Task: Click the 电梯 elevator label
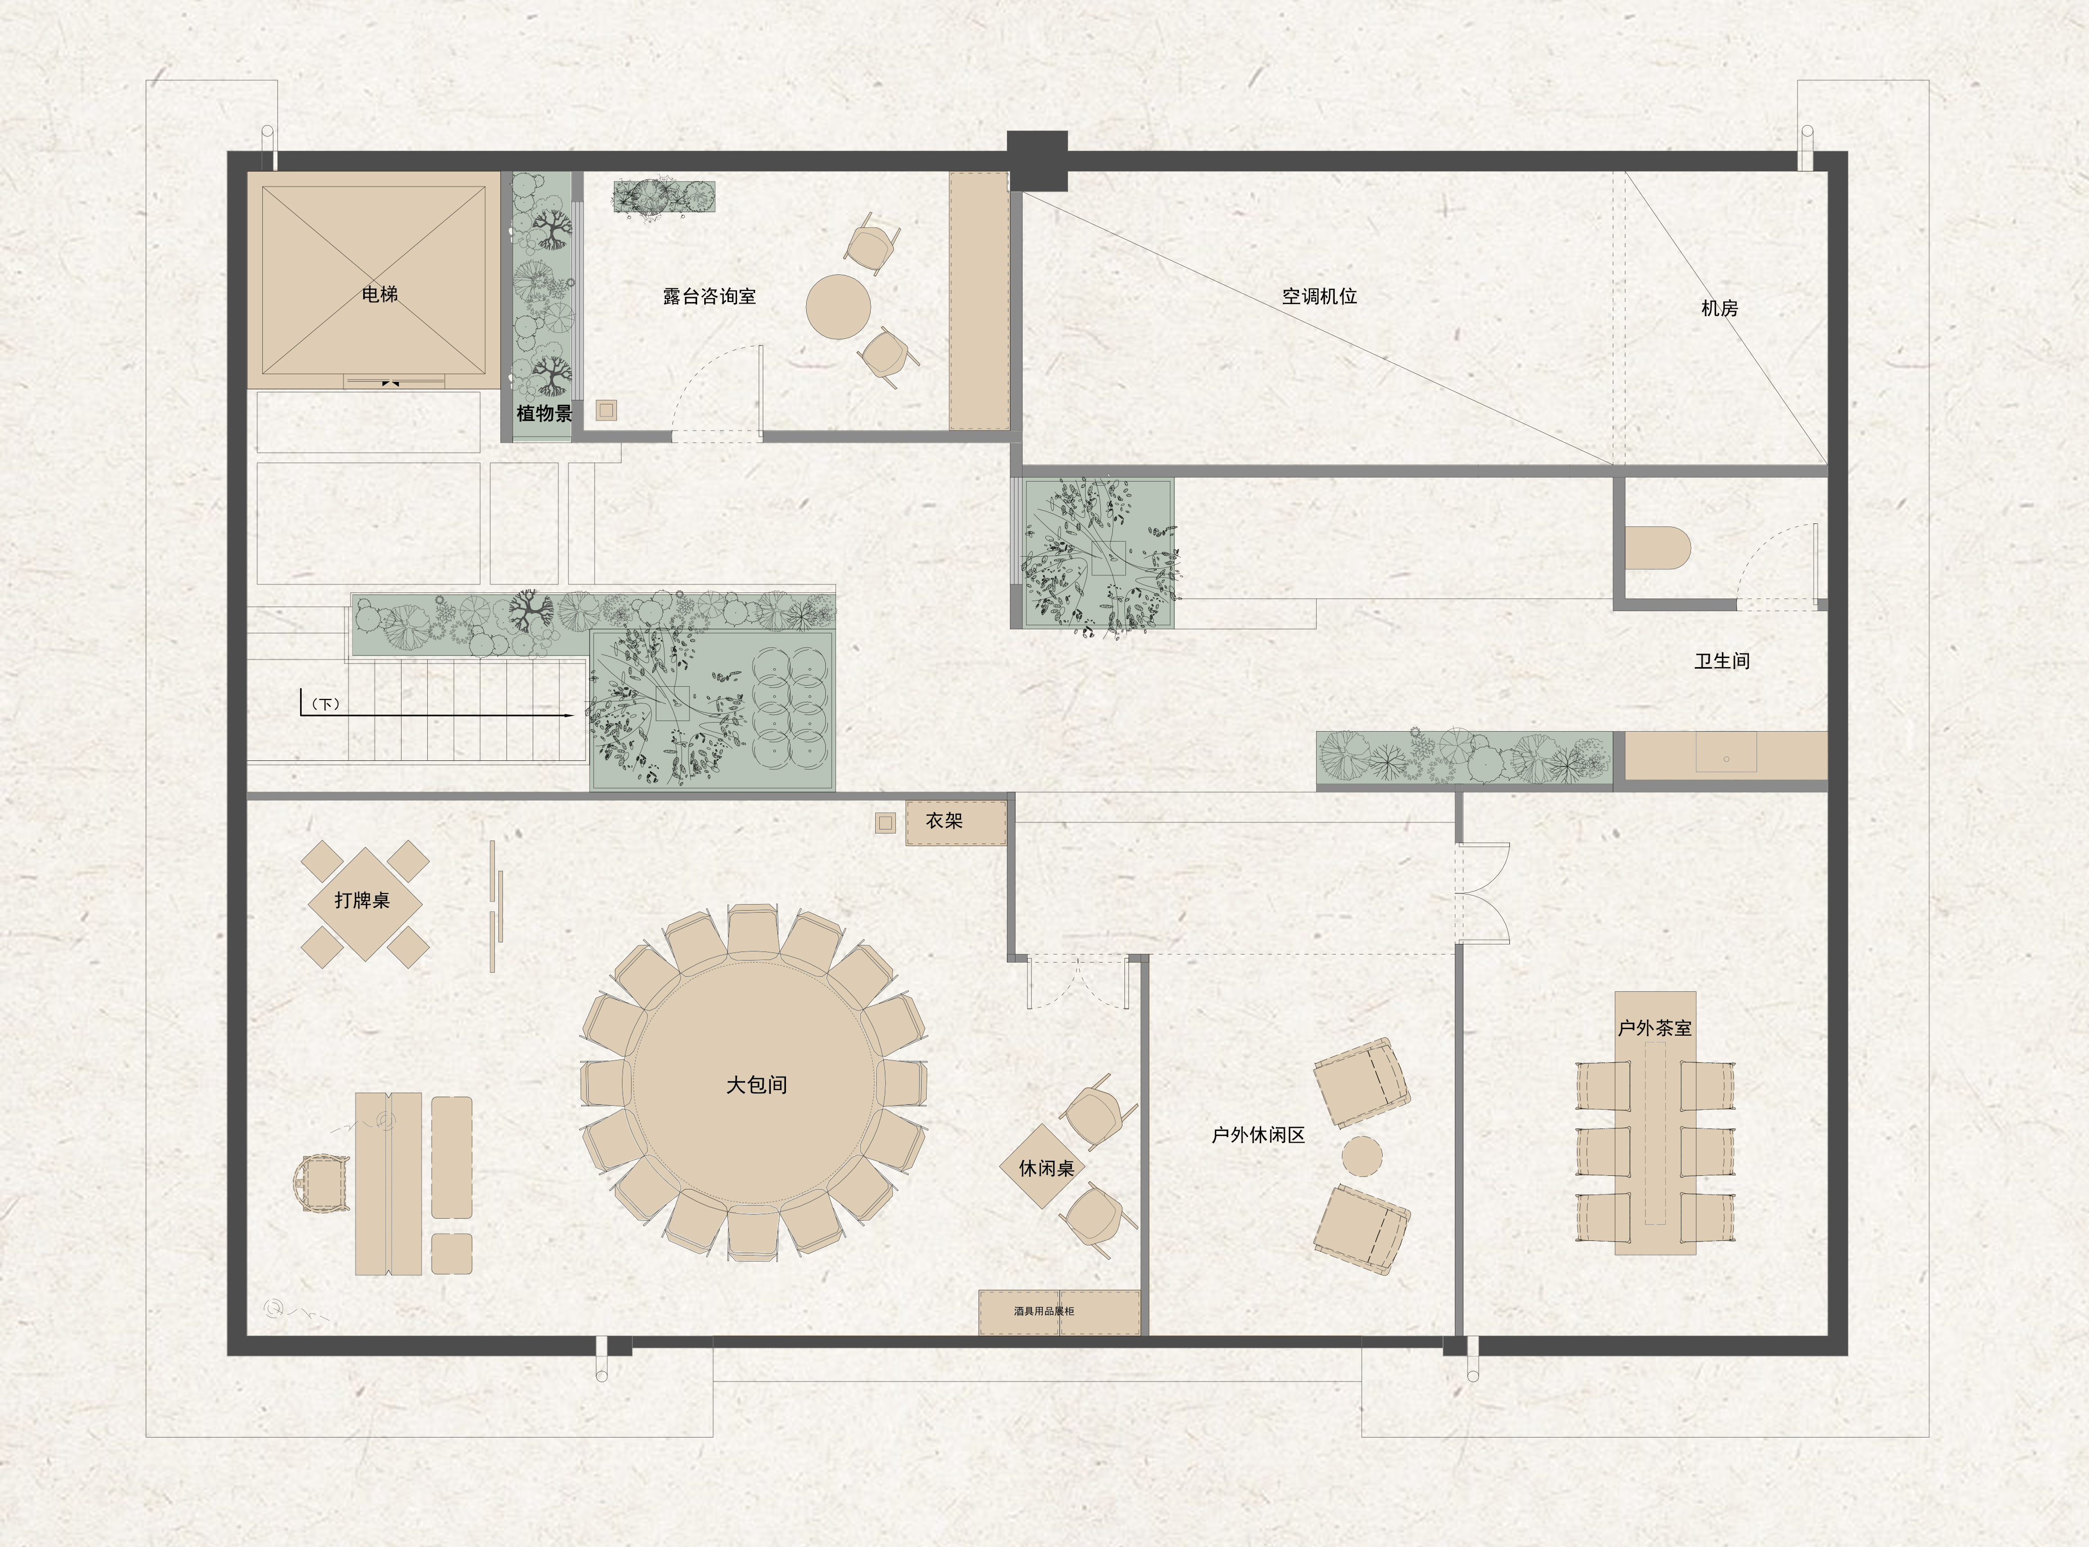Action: point(379,294)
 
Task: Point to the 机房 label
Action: point(1719,308)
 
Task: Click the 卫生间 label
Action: point(1722,661)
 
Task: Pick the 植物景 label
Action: point(544,413)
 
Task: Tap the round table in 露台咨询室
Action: point(838,306)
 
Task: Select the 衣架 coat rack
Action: point(955,822)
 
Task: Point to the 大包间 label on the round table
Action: point(756,1085)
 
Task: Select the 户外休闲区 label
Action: point(1258,1135)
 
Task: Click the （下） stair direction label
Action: point(325,704)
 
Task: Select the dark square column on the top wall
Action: point(1037,161)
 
